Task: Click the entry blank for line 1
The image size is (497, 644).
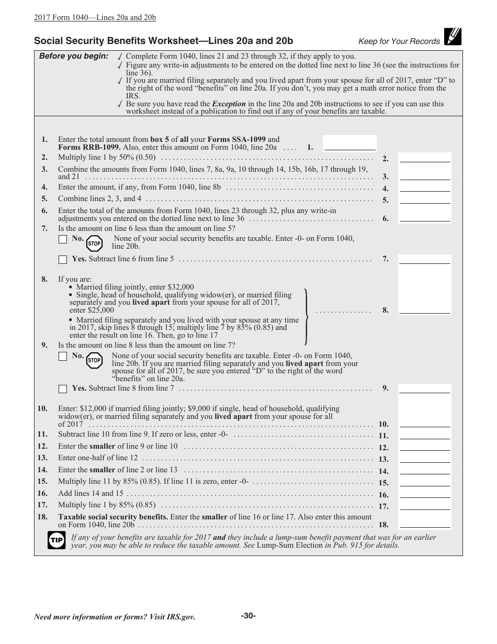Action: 349,143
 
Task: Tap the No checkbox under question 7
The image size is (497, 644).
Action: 63,239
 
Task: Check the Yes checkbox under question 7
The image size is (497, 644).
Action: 63,259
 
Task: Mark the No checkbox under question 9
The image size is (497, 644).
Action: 63,357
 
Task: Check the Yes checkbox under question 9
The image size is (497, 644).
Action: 63,388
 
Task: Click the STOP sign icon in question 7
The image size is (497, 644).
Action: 94,243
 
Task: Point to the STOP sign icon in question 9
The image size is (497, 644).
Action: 94,360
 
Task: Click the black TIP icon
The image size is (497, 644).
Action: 56,540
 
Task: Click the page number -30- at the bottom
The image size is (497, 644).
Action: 249,616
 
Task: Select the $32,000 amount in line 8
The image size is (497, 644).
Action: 180,287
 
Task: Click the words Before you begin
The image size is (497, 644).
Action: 74,57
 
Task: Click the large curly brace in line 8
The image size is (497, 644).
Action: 307,316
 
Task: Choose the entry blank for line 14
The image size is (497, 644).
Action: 424,470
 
